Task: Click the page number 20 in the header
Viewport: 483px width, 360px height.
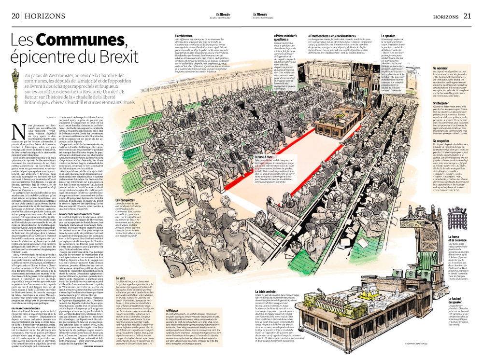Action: tap(15, 16)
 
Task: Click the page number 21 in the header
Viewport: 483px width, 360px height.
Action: tap(467, 16)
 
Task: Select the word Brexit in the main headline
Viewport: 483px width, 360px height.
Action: tap(102, 58)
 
